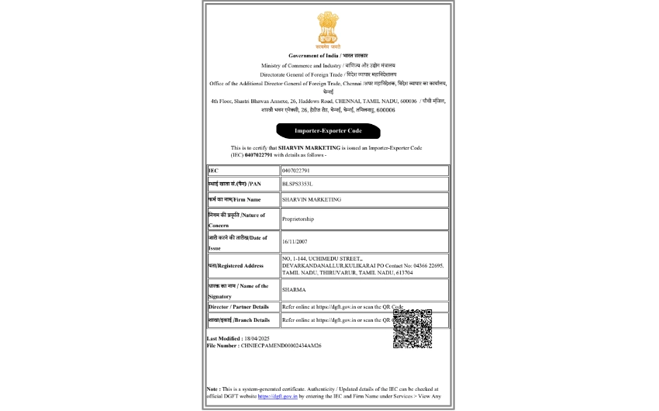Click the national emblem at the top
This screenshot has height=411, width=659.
pyautogui.click(x=329, y=30)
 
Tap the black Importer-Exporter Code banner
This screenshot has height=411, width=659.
pyautogui.click(x=328, y=131)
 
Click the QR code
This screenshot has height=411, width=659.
pyautogui.click(x=412, y=329)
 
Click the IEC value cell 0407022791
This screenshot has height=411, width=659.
pyautogui.click(x=296, y=170)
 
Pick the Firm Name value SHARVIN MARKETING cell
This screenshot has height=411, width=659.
pyautogui.click(x=312, y=199)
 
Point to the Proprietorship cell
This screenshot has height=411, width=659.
pyautogui.click(x=298, y=219)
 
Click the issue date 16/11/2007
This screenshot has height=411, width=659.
pyautogui.click(x=295, y=242)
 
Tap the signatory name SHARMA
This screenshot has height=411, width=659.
pyautogui.click(x=294, y=290)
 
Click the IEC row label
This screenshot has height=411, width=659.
pyautogui.click(x=213, y=170)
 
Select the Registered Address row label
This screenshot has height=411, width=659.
pyautogui.click(x=236, y=266)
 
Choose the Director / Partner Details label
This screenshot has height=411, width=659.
pyautogui.click(x=239, y=307)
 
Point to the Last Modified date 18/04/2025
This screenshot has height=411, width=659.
pyautogui.click(x=260, y=339)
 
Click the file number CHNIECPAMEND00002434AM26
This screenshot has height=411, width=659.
pyautogui.click(x=280, y=345)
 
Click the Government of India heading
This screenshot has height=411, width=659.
pyautogui.click(x=328, y=56)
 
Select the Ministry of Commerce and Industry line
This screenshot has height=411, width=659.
pyautogui.click(x=328, y=65)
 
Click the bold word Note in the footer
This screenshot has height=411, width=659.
pyautogui.click(x=212, y=389)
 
